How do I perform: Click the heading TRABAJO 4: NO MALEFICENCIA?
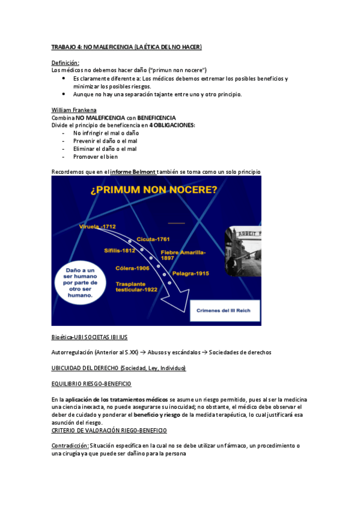(x=126, y=46)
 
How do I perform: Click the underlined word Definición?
(x=65, y=63)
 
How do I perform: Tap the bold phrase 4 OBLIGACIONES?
(x=172, y=125)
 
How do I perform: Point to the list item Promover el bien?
(x=96, y=156)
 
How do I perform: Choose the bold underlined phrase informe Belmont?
(x=133, y=172)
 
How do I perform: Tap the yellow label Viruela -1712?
(x=97, y=226)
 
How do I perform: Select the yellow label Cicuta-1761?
(x=153, y=239)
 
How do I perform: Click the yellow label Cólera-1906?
(x=133, y=268)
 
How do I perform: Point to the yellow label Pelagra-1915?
(x=191, y=274)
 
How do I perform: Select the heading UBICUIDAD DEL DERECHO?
(x=118, y=367)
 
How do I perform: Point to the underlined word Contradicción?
(x=70, y=446)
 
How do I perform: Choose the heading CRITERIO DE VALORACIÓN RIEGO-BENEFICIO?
(x=109, y=430)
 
